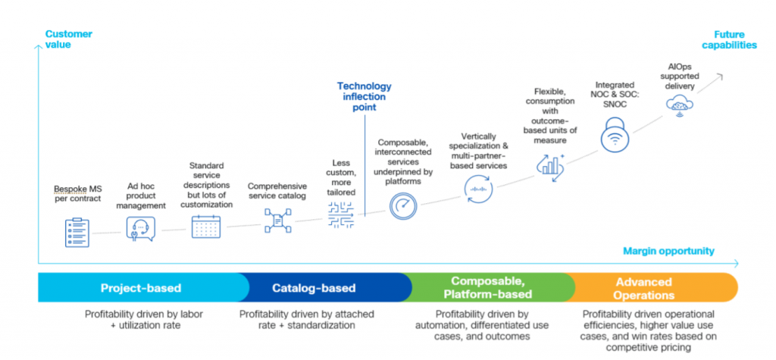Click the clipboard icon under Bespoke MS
coord(77,231)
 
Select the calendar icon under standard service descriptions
coord(205,227)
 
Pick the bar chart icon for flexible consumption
coord(550,165)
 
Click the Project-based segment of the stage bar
coord(141,288)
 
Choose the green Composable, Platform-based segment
coord(491,288)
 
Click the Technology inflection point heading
coord(365,96)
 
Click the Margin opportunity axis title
coord(668,251)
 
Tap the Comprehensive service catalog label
coord(277,190)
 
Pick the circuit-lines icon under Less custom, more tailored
coord(341,219)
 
